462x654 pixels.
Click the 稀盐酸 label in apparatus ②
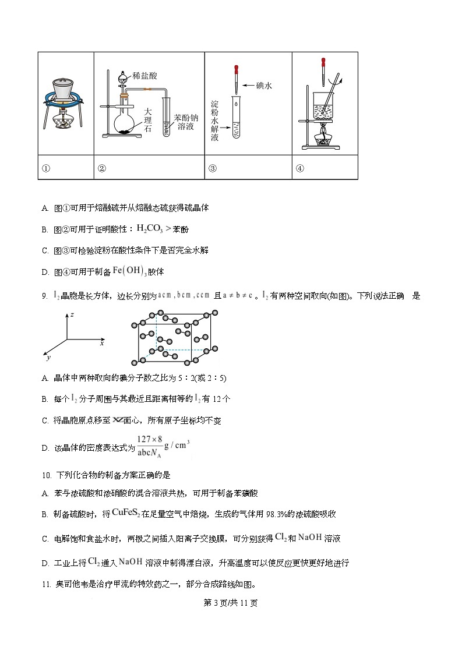(x=145, y=76)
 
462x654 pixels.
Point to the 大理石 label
(x=147, y=120)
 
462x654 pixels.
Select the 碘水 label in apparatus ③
(x=264, y=86)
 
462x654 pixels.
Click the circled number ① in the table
(x=46, y=169)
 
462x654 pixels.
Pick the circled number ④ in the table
(x=300, y=169)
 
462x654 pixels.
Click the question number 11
(x=46, y=585)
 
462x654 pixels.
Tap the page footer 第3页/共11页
(x=231, y=603)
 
